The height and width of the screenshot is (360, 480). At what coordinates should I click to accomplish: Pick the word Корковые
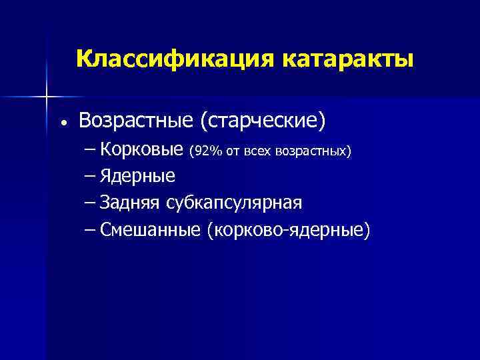click(142, 150)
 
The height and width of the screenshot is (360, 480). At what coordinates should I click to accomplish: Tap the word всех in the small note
click(257, 151)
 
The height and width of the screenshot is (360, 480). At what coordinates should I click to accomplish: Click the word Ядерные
click(138, 177)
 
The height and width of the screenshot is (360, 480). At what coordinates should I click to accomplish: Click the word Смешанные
click(151, 230)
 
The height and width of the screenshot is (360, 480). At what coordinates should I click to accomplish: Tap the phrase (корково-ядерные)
click(288, 230)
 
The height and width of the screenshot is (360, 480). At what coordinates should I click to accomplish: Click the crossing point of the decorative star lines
click(46, 97)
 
